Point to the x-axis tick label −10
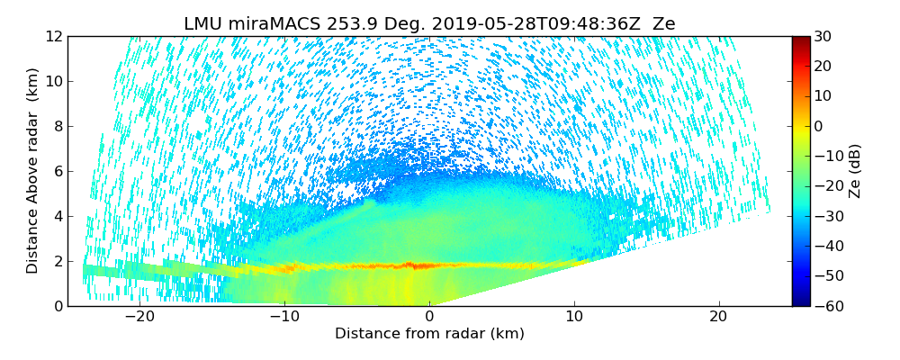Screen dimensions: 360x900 (284, 317)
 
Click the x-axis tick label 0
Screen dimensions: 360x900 (429, 317)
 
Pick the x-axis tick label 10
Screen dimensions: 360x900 (574, 317)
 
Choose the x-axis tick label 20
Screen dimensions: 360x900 (719, 317)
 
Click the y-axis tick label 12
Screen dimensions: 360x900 (53, 36)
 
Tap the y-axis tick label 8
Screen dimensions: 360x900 (57, 126)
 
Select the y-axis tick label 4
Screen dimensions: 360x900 (57, 216)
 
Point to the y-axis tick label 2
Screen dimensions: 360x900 (57, 261)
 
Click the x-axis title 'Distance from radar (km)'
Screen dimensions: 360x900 (429, 334)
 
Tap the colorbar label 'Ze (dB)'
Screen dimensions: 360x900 (855, 171)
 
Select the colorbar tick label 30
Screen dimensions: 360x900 (821, 36)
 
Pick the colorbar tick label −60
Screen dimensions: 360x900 (824, 306)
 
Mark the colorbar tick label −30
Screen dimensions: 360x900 (824, 216)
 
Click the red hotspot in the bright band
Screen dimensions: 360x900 (412, 265)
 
